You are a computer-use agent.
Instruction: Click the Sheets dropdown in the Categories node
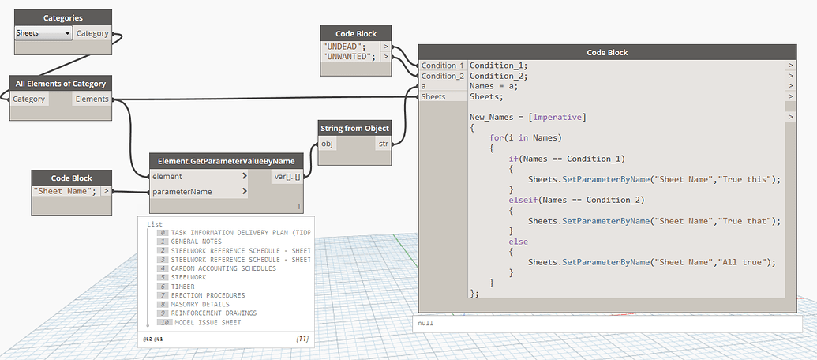pyautogui.click(x=44, y=33)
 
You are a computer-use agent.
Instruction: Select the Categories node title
pyautogui.click(x=63, y=17)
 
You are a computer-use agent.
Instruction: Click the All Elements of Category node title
pyautogui.click(x=61, y=83)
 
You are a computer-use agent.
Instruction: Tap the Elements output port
pyautogui.click(x=92, y=99)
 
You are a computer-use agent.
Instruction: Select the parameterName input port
pyautogui.click(x=181, y=192)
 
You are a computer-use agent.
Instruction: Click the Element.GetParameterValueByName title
pyautogui.click(x=227, y=161)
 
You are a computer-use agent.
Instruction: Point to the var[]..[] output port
pyautogui.click(x=285, y=176)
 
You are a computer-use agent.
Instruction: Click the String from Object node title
pyautogui.click(x=354, y=128)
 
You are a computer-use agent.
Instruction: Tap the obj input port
pyautogui.click(x=327, y=144)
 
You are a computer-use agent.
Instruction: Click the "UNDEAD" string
pyautogui.click(x=348, y=47)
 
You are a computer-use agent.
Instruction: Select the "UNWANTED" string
pyautogui.click(x=350, y=57)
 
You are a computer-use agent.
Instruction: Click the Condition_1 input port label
pyautogui.click(x=442, y=66)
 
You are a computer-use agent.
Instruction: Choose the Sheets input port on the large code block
pyautogui.click(x=433, y=96)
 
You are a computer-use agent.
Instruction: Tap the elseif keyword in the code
pyautogui.click(x=527, y=200)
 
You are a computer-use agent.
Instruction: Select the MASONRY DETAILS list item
pyautogui.click(x=200, y=304)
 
